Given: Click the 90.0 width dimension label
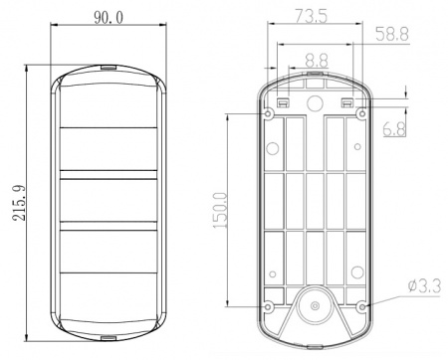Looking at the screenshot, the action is [109, 17].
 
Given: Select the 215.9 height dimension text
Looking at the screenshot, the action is [19, 203].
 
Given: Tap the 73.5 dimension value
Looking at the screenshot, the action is [312, 17].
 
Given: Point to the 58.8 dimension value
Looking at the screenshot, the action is [392, 34].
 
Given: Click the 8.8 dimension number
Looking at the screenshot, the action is [317, 61].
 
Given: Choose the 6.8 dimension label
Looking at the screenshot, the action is [394, 129].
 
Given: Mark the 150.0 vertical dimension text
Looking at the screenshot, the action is [220, 210].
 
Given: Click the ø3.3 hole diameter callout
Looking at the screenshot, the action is [425, 286].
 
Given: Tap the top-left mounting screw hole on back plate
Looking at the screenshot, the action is [268, 114].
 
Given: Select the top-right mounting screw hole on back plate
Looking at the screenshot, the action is [362, 114].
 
